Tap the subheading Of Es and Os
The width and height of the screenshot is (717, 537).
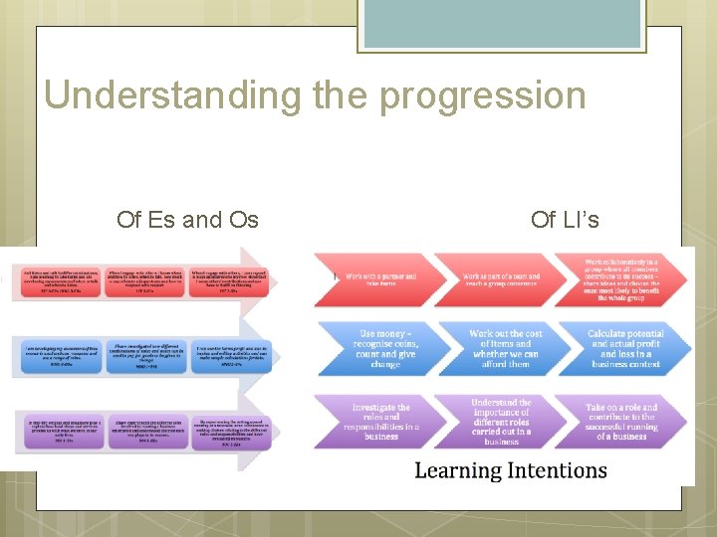[187, 219]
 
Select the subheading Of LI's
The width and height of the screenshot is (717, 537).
[565, 219]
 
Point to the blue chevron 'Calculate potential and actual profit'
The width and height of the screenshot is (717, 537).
[623, 348]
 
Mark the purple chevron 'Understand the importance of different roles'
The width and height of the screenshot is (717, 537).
[503, 422]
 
